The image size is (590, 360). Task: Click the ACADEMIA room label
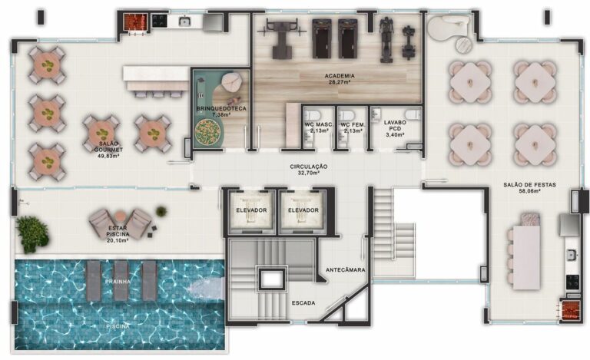339,76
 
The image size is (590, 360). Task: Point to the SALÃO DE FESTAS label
529,184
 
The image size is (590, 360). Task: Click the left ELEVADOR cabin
251,210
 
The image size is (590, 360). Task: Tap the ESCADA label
303,303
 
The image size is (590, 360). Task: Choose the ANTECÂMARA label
346,270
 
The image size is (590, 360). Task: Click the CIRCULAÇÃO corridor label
309,167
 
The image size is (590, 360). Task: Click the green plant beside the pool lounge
31,230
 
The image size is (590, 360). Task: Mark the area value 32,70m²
309,173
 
